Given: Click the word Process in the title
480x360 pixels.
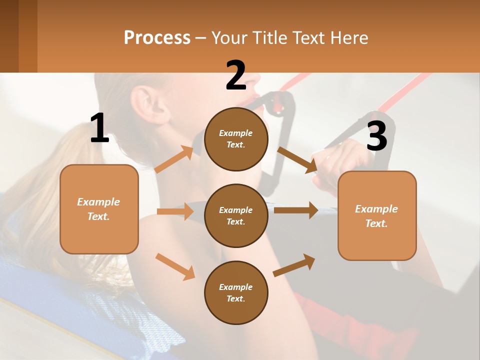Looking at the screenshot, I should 157,38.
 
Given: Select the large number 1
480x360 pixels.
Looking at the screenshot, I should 99,128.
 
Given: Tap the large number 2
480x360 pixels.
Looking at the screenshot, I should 236,75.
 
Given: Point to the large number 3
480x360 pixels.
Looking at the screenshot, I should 376,136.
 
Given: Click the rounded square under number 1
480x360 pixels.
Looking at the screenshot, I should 99,209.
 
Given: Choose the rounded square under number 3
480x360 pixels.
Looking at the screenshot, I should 377,215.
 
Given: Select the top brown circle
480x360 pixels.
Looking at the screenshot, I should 236,139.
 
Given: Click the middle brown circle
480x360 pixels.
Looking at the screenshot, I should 236,215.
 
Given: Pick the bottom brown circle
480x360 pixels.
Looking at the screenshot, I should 236,292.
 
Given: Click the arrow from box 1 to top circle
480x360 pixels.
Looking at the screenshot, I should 174,159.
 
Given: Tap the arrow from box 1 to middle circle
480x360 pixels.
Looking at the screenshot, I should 175,211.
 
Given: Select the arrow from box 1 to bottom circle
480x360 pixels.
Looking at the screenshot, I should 175,266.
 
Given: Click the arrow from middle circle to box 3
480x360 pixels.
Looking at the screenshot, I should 296,210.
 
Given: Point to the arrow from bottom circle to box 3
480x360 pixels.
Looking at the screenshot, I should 294,265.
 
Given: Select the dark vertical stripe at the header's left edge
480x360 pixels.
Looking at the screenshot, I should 9,36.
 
